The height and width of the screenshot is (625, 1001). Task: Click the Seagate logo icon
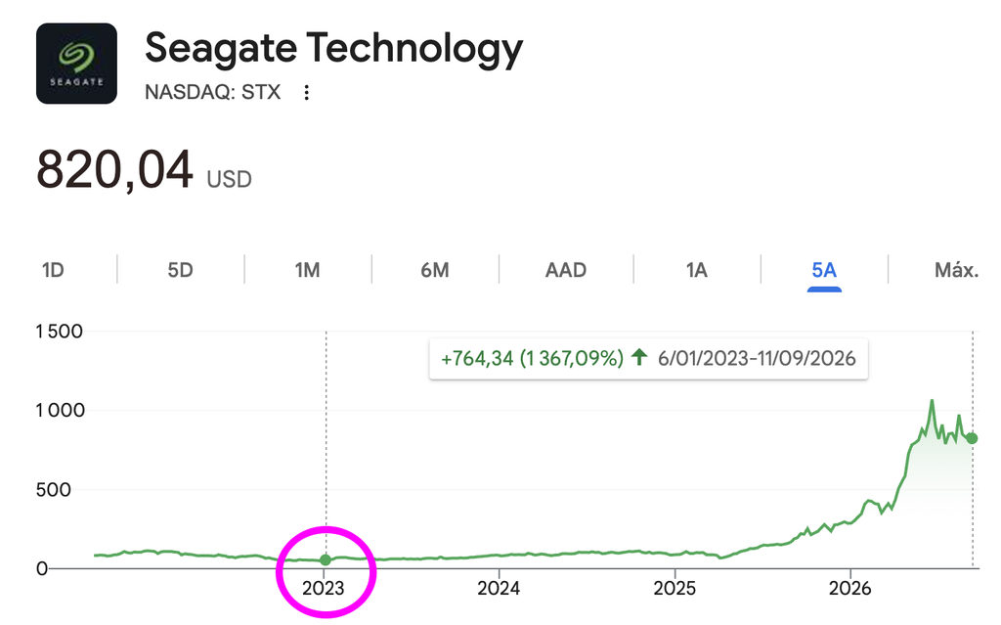click(x=76, y=64)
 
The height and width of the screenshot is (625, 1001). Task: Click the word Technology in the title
click(x=414, y=50)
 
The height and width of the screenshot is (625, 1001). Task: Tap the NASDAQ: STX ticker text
click(x=212, y=92)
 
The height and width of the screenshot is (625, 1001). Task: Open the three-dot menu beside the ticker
click(x=306, y=93)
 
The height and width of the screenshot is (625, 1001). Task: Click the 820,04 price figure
click(x=115, y=170)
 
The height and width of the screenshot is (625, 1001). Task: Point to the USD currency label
click(x=229, y=180)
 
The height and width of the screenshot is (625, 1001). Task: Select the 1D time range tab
click(x=53, y=270)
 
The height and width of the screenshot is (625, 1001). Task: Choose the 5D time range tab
click(x=180, y=270)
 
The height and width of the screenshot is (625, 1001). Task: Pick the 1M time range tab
click(x=307, y=270)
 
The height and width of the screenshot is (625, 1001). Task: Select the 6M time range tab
click(x=435, y=270)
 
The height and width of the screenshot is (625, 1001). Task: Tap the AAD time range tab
click(x=566, y=270)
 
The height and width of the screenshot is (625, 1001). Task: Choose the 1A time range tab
click(x=696, y=270)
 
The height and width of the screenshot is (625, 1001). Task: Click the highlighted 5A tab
click(x=824, y=270)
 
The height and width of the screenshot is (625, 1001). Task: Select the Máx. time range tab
click(x=956, y=270)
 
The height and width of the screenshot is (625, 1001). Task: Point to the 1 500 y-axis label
click(x=59, y=331)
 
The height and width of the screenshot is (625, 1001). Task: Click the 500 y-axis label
click(x=53, y=489)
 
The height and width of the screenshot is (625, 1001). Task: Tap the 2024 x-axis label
click(x=499, y=588)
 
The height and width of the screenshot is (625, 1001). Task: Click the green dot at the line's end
click(x=972, y=438)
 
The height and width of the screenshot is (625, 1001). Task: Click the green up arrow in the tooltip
click(x=639, y=357)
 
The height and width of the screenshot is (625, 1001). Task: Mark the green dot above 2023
click(x=326, y=559)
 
